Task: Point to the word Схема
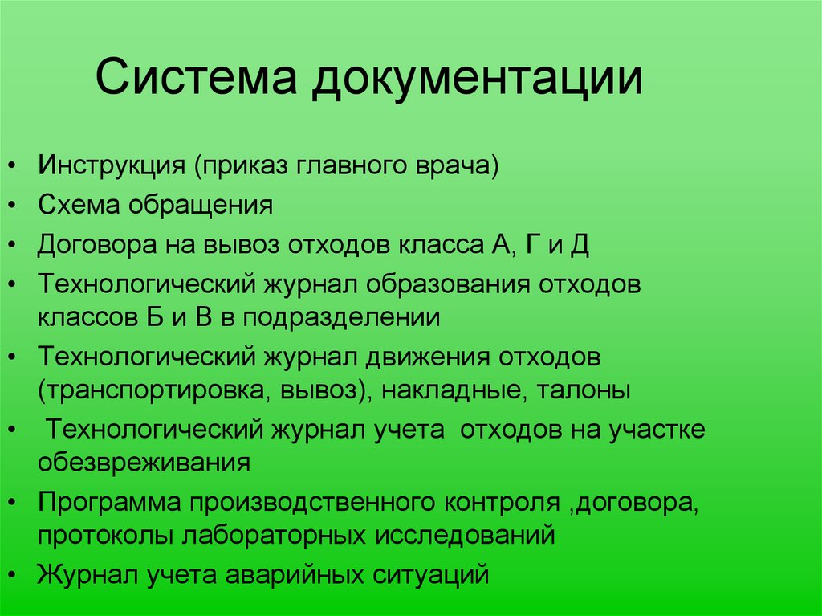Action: click(74, 206)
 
